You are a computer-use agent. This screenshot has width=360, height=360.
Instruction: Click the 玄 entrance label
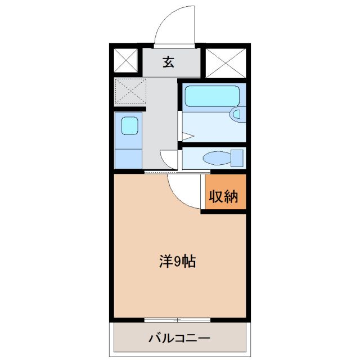[x=168, y=62]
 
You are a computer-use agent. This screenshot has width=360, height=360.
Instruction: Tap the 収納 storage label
[x=224, y=197]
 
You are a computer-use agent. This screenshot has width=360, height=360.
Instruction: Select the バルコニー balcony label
[x=179, y=339]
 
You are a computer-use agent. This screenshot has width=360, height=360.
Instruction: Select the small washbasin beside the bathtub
[x=236, y=115]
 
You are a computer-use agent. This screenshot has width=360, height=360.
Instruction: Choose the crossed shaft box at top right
[x=224, y=62]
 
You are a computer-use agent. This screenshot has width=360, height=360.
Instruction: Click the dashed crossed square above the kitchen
[x=130, y=91]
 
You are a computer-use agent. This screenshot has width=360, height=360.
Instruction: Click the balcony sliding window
[x=177, y=320]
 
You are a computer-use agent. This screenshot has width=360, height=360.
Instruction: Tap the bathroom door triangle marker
[x=187, y=136]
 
